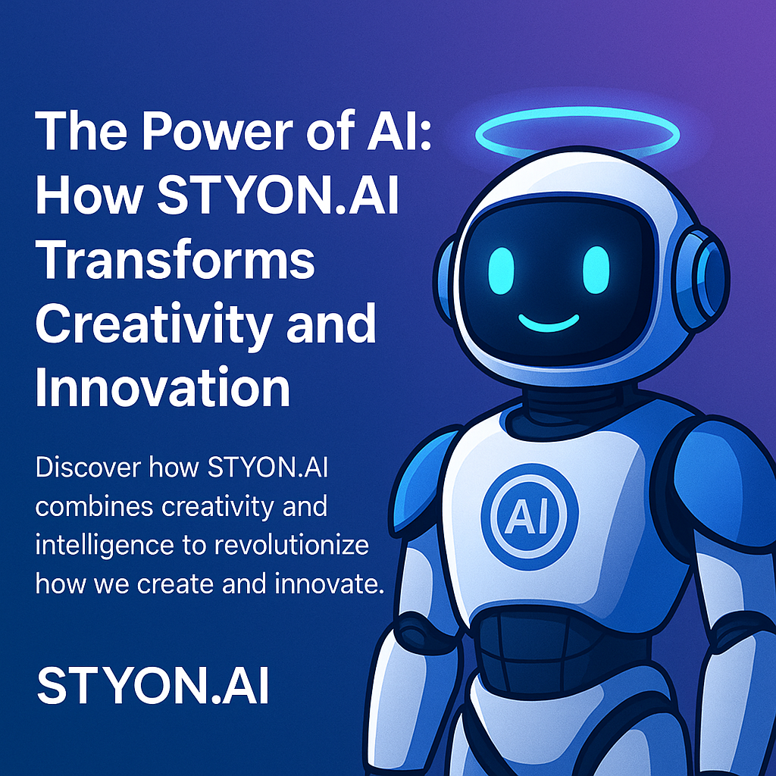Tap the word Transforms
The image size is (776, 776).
[175, 258]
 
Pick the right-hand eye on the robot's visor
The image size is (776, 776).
[596, 267]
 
